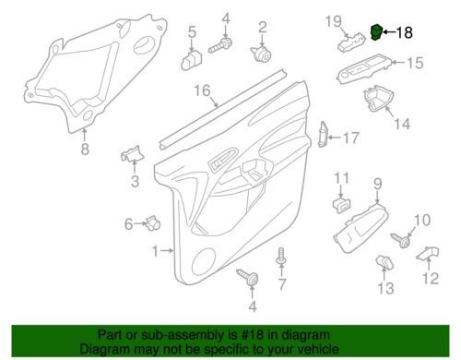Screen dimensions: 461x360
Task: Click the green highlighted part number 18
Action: [376, 32]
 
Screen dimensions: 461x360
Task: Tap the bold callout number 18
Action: [404, 32]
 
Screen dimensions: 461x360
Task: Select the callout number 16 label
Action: [203, 90]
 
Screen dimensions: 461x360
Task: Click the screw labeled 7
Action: [281, 256]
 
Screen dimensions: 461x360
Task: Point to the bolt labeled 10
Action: [401, 240]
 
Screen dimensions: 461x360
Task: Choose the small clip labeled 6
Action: [153, 222]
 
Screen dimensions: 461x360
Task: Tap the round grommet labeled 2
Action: [262, 54]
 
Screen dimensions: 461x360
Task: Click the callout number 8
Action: [85, 150]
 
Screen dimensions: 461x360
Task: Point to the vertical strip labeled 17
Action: [323, 134]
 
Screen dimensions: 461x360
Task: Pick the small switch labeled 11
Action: [342, 205]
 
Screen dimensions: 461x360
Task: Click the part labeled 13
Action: [384, 262]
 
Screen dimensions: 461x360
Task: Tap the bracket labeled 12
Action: [427, 253]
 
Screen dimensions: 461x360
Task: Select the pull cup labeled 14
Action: [378, 99]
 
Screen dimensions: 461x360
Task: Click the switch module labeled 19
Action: [352, 42]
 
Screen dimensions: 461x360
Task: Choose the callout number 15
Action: [415, 63]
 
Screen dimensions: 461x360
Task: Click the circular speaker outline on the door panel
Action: [204, 261]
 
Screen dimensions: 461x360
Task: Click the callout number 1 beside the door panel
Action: [156, 251]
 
